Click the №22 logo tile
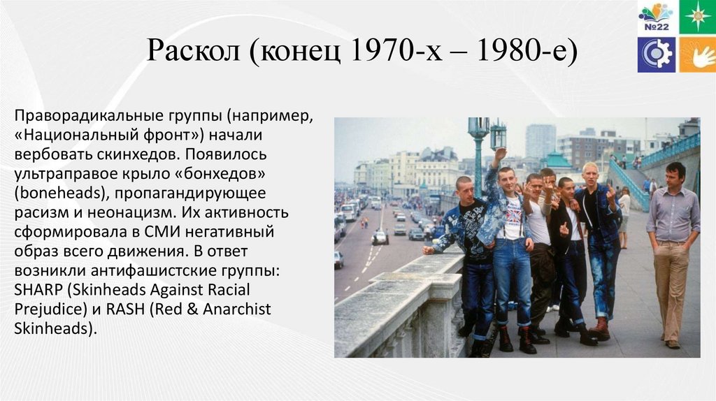tap(656, 17)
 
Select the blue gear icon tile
tap(656, 54)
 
